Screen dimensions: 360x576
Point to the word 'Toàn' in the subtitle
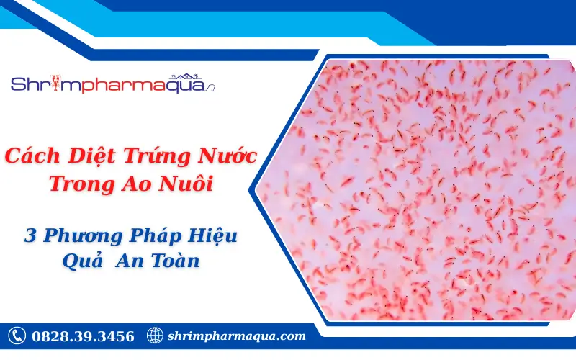click(x=174, y=261)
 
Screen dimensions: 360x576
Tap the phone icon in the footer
click(x=17, y=336)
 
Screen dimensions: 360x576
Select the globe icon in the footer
click(x=155, y=336)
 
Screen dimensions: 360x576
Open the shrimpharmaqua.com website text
click(x=236, y=336)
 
